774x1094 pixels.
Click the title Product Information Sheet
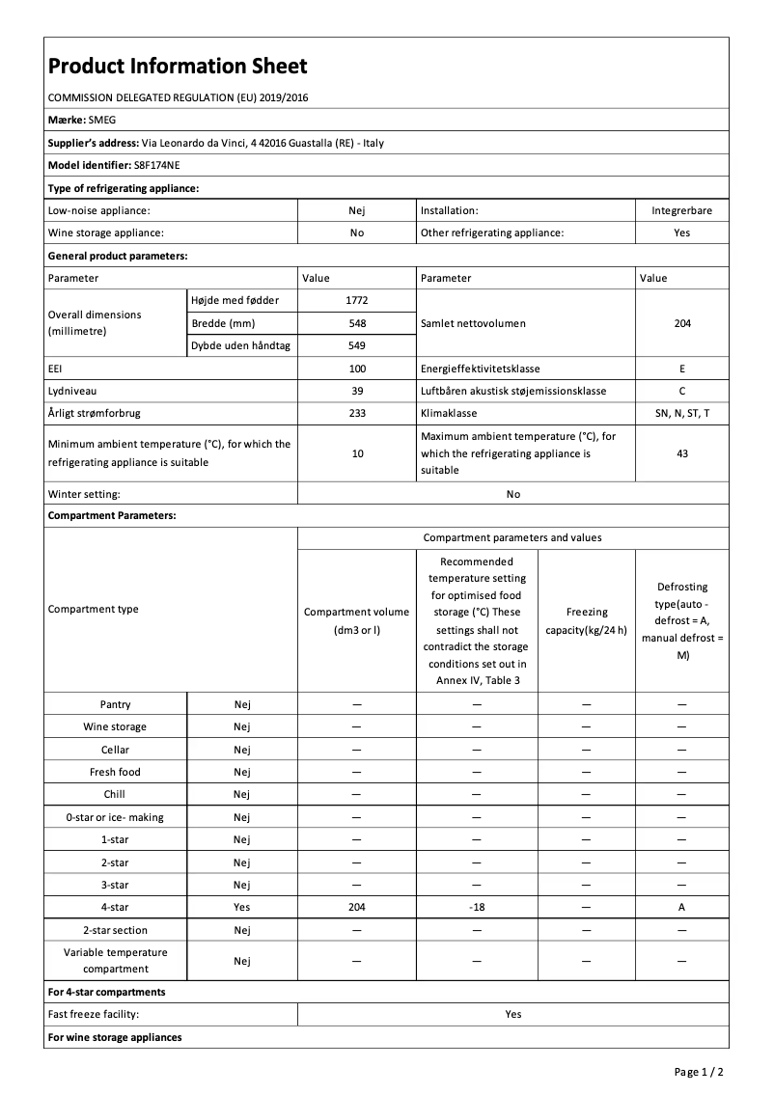point(178,67)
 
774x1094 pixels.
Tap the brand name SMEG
point(100,121)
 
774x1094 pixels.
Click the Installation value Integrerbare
point(681,210)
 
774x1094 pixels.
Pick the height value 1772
point(357,301)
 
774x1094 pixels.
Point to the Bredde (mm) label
point(224,323)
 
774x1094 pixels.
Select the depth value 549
point(357,345)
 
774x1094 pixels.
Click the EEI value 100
point(357,369)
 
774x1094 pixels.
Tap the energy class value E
point(681,369)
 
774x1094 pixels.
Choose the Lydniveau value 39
point(357,391)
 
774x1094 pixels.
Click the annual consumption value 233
point(357,413)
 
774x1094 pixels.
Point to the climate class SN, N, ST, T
point(681,413)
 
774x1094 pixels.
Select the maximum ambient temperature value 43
point(681,453)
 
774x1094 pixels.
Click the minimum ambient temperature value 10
point(357,453)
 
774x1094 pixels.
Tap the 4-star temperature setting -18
point(477,908)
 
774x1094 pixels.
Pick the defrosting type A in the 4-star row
point(681,908)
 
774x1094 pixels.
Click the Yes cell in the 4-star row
point(241,908)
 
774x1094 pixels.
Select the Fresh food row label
point(116,772)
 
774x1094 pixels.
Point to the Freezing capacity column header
point(587,621)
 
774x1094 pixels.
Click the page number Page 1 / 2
point(699,1072)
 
